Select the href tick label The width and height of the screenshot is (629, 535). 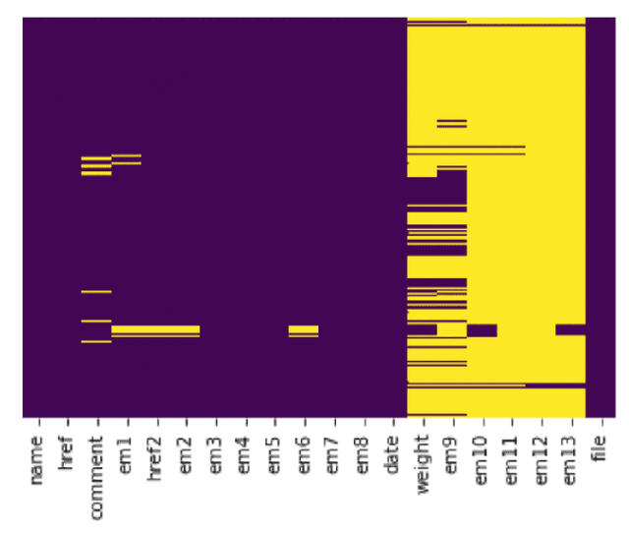[x=67, y=453]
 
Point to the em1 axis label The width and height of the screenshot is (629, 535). [x=126, y=453]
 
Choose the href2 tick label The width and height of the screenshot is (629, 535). [x=155, y=458]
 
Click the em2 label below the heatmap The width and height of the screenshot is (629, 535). [x=185, y=453]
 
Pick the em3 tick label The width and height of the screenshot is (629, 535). [x=214, y=453]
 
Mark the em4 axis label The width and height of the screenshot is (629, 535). [x=245, y=453]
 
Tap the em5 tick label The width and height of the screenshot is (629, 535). [x=274, y=453]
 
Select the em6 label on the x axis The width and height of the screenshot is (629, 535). [x=304, y=453]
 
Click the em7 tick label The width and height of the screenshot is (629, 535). [x=333, y=453]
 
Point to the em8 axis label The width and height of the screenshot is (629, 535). [x=363, y=453]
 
